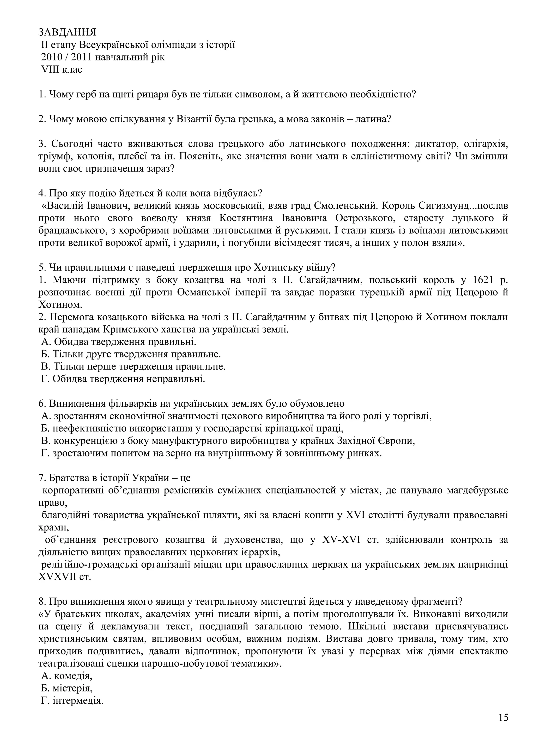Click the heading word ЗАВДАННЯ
point(68,32)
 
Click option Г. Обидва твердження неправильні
point(123,379)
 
